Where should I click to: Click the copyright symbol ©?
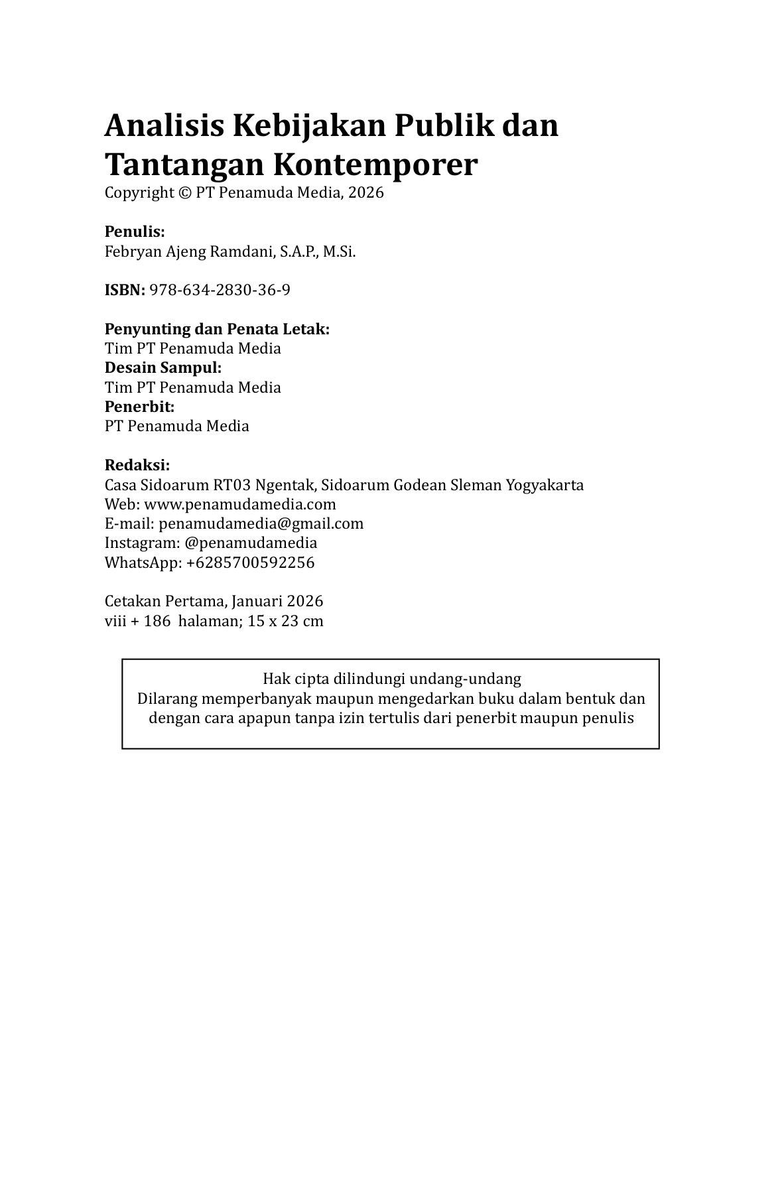pyautogui.click(x=184, y=193)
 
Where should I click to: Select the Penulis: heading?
pyautogui.click(x=135, y=232)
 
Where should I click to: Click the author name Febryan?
pyautogui.click(x=131, y=251)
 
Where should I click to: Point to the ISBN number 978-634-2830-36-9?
pyautogui.click(x=220, y=290)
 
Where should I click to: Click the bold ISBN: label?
pyautogui.click(x=125, y=290)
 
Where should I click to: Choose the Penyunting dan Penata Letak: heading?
pyautogui.click(x=217, y=329)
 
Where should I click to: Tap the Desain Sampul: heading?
pyautogui.click(x=163, y=367)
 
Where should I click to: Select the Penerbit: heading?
pyautogui.click(x=139, y=407)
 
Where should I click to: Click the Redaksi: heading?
pyautogui.click(x=137, y=465)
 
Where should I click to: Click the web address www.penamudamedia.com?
pyautogui.click(x=239, y=504)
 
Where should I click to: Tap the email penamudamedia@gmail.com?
pyautogui.click(x=261, y=523)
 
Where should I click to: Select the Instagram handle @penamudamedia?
pyautogui.click(x=251, y=543)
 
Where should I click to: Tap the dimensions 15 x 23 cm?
pyautogui.click(x=285, y=621)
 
